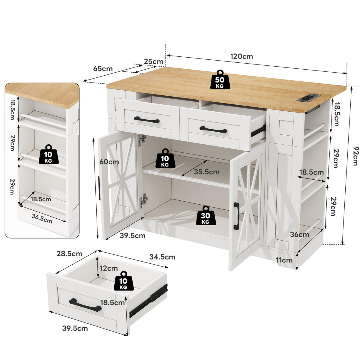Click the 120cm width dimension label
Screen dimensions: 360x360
(241, 56)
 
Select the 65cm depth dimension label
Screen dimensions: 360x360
(103, 69)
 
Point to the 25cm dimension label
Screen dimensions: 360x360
(153, 61)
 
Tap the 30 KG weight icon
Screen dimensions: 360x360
(206, 215)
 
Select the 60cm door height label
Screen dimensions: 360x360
(109, 162)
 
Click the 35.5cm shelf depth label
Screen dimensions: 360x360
(207, 172)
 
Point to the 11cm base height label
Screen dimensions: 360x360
(284, 260)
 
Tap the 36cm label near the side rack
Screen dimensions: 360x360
(299, 235)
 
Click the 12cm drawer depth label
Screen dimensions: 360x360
(109, 268)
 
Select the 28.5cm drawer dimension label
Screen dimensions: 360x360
(69, 254)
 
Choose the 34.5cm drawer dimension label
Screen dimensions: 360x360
(162, 257)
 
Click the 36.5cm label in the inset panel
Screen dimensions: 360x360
(42, 219)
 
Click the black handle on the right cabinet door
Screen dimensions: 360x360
(236, 216)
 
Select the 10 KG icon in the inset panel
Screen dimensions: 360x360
(49, 154)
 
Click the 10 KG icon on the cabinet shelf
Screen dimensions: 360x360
(165, 158)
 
